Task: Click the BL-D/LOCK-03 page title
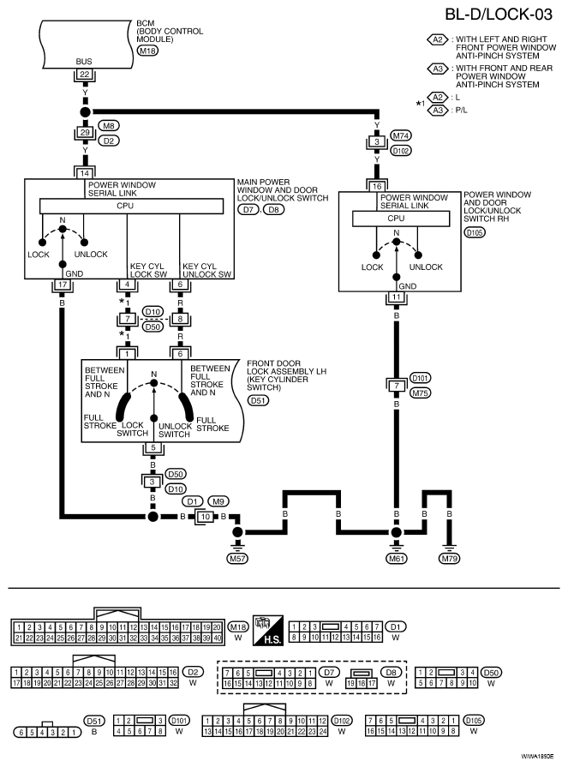click(498, 15)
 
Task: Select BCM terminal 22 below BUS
click(85, 75)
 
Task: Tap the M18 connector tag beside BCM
click(147, 50)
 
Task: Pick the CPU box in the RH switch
click(401, 219)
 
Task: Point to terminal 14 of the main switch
click(85, 173)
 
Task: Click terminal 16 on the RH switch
click(377, 186)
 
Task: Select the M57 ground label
click(237, 558)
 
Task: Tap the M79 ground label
click(450, 558)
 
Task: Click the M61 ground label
click(397, 558)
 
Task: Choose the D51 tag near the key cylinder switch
click(259, 400)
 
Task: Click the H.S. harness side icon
click(268, 630)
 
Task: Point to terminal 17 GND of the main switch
click(62, 285)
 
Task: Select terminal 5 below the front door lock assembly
click(153, 447)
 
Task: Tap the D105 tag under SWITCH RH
click(475, 233)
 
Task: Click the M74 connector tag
click(401, 135)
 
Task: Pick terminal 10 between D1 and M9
click(206, 517)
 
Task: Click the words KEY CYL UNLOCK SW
click(206, 271)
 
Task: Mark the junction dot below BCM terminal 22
click(85, 111)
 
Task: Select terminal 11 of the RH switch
click(396, 297)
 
